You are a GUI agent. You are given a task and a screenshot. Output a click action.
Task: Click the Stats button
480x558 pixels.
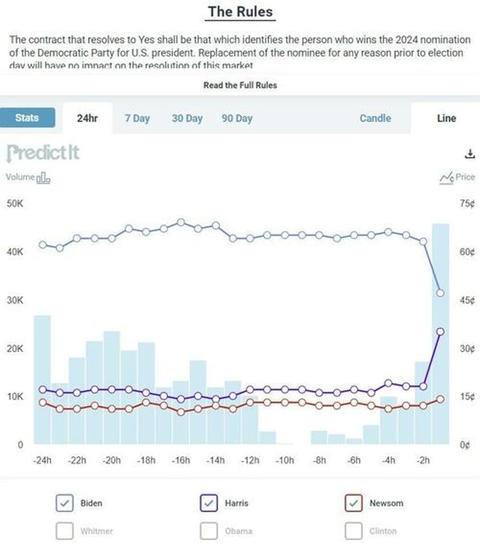point(27,118)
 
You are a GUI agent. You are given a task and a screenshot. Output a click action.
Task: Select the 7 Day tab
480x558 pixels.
point(137,118)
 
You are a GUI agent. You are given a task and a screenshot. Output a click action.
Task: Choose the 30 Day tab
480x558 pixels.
point(187,118)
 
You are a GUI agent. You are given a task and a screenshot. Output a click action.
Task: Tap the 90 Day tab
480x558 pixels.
point(237,118)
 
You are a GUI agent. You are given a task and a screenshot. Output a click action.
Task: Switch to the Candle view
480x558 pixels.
point(375,118)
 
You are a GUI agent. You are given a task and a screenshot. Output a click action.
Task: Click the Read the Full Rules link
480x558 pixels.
point(240,85)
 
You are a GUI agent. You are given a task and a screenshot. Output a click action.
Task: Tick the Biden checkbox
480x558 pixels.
point(65,503)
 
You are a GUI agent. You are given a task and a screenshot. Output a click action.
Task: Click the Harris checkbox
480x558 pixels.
point(209,503)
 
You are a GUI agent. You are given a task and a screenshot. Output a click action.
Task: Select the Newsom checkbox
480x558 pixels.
point(354,503)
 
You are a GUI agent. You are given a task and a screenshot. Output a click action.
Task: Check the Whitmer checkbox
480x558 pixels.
point(65,531)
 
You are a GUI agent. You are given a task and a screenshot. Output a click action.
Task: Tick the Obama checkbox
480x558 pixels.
point(209,531)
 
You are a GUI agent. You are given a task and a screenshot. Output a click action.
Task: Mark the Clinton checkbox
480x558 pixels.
point(354,531)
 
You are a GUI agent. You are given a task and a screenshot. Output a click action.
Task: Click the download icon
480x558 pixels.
point(469,154)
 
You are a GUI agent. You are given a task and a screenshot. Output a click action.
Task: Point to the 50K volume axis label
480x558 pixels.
point(14,203)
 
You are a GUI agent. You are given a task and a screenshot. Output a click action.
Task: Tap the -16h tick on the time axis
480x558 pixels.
point(181,460)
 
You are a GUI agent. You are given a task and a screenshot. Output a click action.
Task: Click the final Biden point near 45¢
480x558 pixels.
point(440,293)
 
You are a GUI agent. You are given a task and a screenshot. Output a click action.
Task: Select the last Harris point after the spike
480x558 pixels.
point(440,331)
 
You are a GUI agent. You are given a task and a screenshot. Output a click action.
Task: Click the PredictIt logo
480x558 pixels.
point(43,153)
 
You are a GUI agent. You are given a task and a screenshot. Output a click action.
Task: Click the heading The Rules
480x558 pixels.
point(240,11)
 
